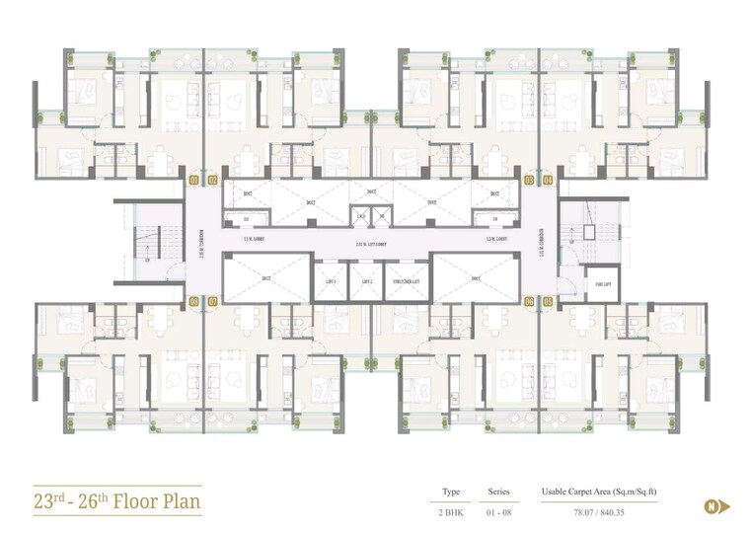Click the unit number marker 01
[x=194, y=181]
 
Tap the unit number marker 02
[x=212, y=181]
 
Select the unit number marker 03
[x=530, y=181]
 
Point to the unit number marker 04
[x=548, y=181]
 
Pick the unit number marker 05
[x=548, y=301]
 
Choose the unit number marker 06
[x=530, y=301]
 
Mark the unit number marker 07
[x=212, y=301]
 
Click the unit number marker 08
[x=194, y=301]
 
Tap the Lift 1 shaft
[x=331, y=281]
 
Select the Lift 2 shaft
[x=366, y=281]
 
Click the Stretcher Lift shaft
[x=406, y=281]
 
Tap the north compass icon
[x=711, y=506]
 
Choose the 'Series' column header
[x=498, y=491]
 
